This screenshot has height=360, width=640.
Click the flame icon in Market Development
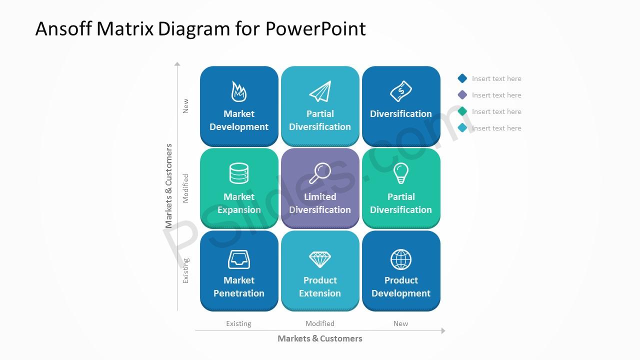point(239,91)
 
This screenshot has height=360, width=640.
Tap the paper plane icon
point(320,91)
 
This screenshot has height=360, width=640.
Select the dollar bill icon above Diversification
point(401,91)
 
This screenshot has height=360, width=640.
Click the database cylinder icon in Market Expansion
point(239,173)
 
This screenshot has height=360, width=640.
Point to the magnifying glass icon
point(320,173)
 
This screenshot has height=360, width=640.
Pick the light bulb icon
point(401,173)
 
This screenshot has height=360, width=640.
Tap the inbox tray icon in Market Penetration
point(239,259)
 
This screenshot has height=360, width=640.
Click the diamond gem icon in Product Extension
point(320,259)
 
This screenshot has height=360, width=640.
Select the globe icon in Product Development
point(401,259)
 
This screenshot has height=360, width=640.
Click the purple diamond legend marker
point(462,95)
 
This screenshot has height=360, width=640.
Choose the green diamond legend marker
point(462,111)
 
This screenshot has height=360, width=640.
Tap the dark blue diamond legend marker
point(462,78)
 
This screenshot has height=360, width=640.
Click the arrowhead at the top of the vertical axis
point(177,63)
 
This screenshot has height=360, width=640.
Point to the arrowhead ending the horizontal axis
point(443,331)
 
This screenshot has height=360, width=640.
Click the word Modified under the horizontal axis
point(320,323)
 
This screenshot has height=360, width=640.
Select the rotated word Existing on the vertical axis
point(185,271)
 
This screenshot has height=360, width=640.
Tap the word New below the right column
point(401,323)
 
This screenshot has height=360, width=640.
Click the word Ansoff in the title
point(63,28)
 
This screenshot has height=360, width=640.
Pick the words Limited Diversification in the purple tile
point(320,203)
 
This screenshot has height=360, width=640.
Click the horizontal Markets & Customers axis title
point(320,338)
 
